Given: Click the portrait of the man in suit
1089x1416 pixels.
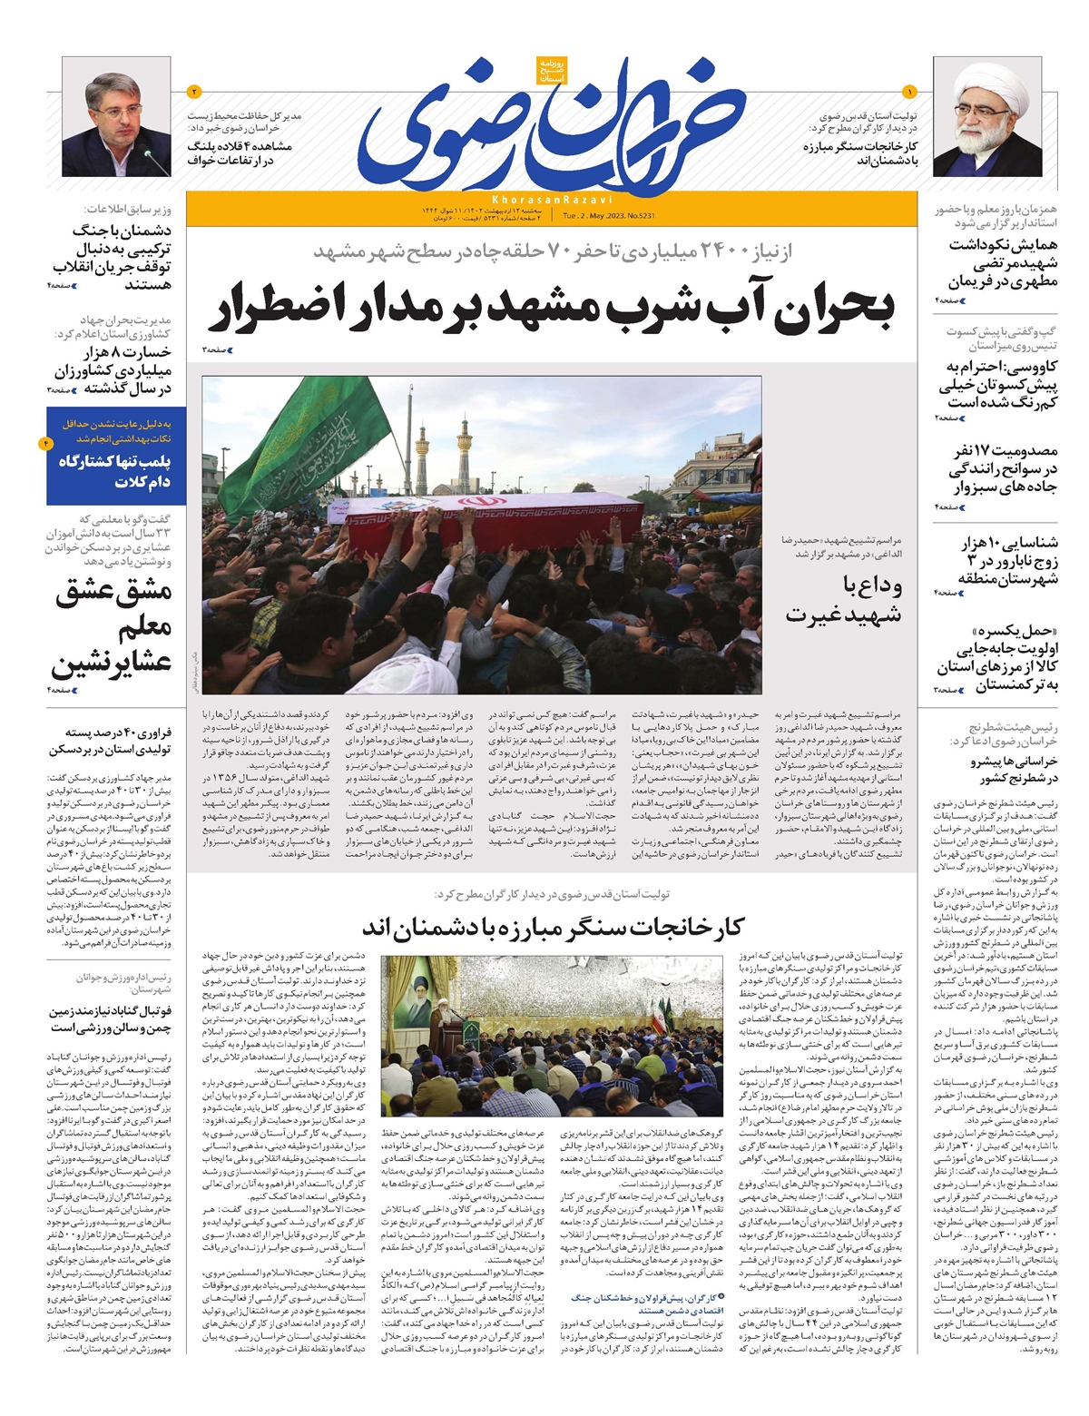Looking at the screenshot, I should [117, 123].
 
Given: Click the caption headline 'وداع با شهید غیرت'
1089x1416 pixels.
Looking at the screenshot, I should [844, 599].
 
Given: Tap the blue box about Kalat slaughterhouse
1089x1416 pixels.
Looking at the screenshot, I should [116, 456].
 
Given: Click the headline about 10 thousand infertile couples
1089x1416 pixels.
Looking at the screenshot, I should [1008, 561].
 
